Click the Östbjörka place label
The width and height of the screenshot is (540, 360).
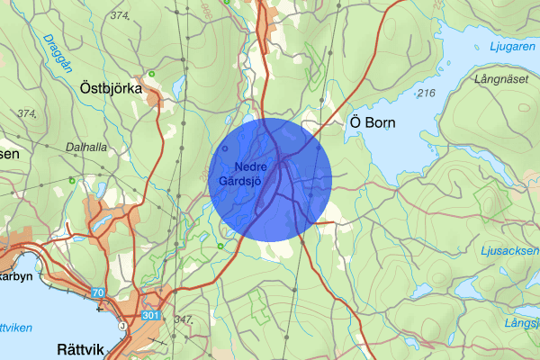click(x=113, y=89)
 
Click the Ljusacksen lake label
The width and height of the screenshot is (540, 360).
click(x=510, y=250)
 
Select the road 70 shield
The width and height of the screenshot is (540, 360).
click(x=98, y=292)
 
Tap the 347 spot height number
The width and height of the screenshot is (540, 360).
click(x=185, y=319)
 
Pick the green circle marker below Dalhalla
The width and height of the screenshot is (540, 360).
click(x=72, y=179)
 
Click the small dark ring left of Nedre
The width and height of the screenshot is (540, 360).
click(x=224, y=148)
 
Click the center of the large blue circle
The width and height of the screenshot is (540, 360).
click(x=270, y=178)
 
